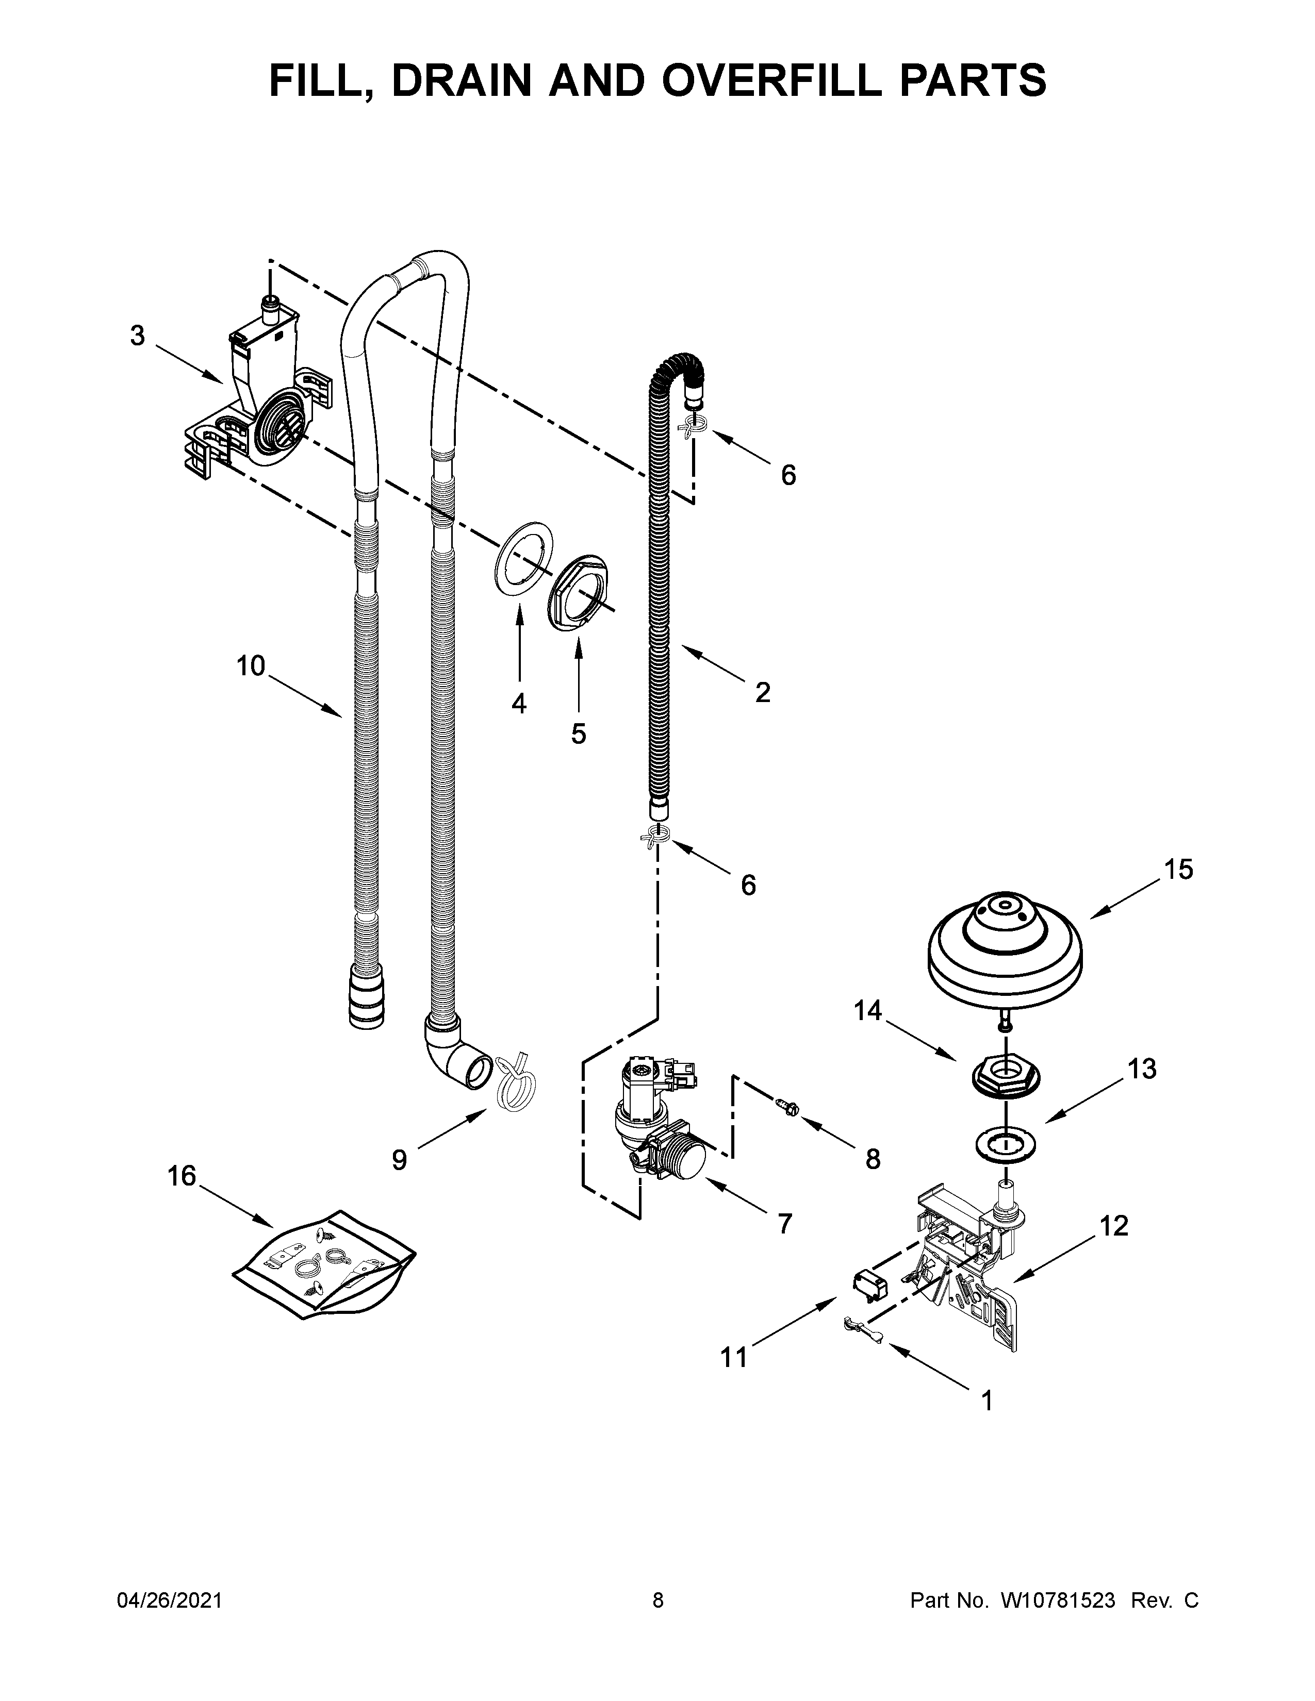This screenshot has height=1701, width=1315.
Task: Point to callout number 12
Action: (1114, 1227)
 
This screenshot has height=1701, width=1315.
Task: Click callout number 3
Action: (137, 337)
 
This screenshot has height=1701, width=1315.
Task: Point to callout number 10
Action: (251, 666)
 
